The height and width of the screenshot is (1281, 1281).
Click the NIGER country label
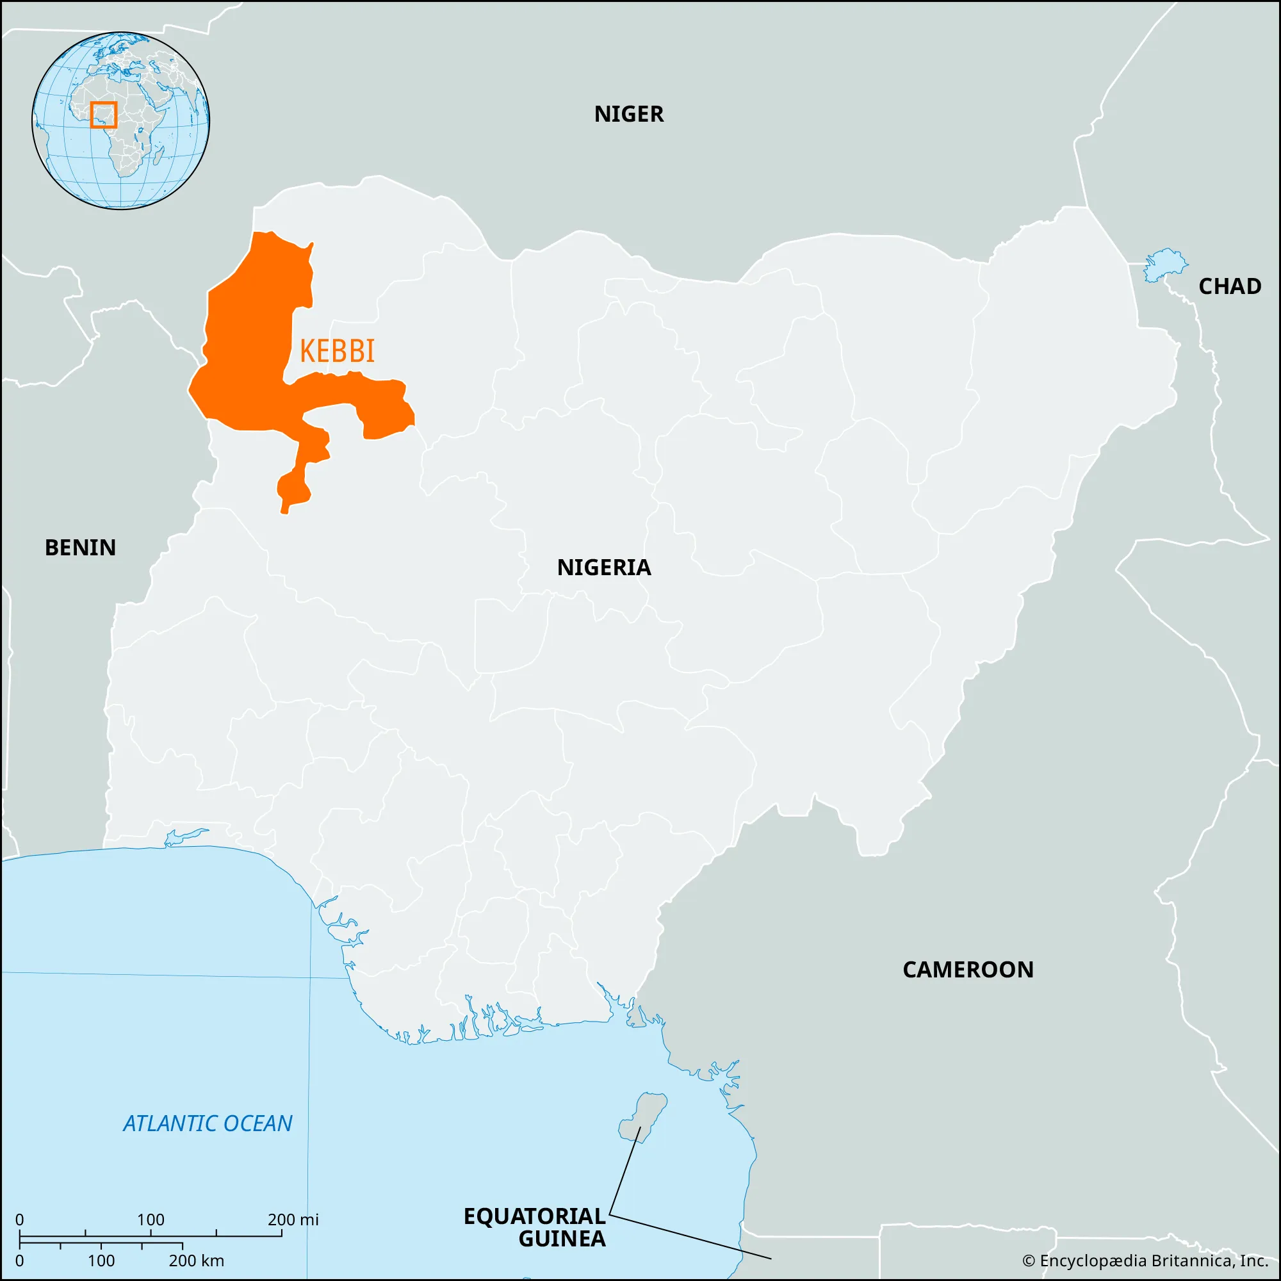tap(628, 114)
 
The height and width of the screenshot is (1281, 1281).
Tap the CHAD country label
tap(1229, 286)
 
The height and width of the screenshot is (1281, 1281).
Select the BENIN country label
tap(80, 548)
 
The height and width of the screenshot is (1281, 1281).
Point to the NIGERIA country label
tap(603, 567)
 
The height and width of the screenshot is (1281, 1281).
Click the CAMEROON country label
tap(967, 969)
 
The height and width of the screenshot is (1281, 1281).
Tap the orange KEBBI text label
tap(337, 351)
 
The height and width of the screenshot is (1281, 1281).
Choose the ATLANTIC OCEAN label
tap(208, 1123)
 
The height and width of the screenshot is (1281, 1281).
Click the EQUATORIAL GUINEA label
tap(535, 1227)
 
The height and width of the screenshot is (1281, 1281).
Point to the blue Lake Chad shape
tap(1164, 265)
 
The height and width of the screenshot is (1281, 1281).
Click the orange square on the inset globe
tap(103, 115)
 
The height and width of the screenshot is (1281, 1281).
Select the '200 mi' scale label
tap(293, 1220)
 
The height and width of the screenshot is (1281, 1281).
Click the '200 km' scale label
tap(196, 1261)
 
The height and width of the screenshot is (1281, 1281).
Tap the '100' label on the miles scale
tap(151, 1220)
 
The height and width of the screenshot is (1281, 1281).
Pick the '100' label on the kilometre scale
tap(101, 1261)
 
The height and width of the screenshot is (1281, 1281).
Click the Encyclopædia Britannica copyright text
tap(1145, 1261)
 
